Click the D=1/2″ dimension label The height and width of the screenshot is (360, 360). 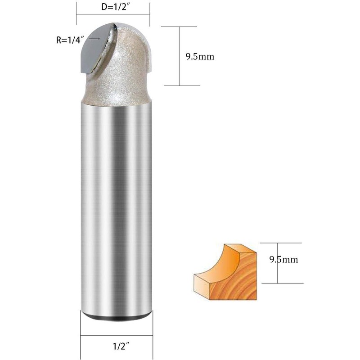coord(114,7)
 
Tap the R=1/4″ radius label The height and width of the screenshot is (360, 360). coord(69,40)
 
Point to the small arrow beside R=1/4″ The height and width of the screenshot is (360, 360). coord(94,39)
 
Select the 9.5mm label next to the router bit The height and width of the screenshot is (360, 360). coord(200,57)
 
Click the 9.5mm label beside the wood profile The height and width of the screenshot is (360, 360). coord(284,260)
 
